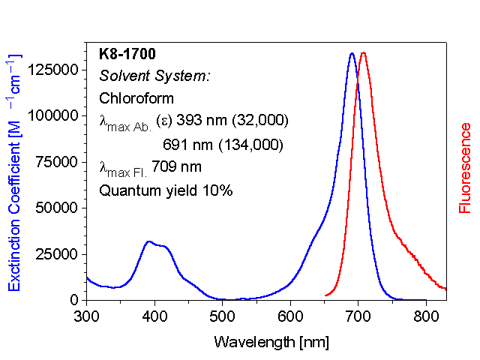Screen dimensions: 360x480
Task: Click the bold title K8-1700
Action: coord(127,54)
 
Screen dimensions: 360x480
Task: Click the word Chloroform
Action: coord(136,98)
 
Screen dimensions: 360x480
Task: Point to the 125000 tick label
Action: coord(53,70)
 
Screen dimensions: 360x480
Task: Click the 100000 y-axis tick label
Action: coord(53,115)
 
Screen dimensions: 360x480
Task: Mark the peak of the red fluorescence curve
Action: coord(364,53)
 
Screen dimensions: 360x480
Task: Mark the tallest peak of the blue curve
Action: coord(352,54)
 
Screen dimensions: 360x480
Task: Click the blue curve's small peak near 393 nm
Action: coord(149,241)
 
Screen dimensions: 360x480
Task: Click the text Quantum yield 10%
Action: coord(166,190)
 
